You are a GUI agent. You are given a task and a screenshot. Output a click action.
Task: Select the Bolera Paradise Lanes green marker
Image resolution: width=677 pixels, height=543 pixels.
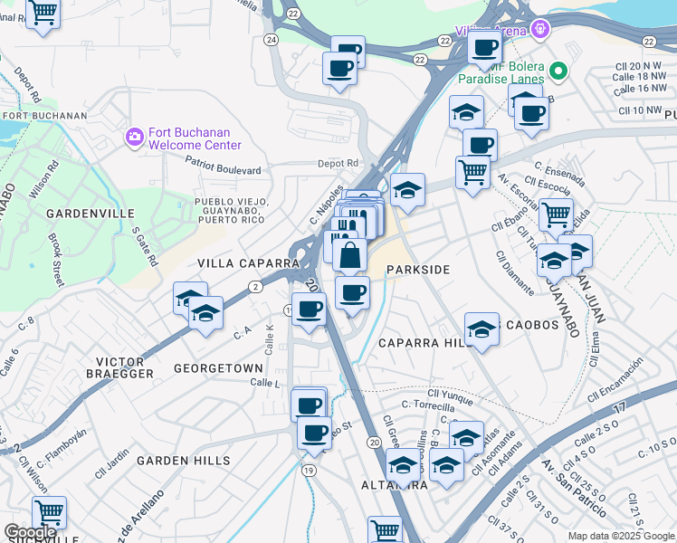coord(559,71)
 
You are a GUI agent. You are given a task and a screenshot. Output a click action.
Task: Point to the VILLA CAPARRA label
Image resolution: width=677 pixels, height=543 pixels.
coord(248,262)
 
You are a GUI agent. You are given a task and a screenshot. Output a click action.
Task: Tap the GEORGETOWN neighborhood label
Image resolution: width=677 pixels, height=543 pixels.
coord(218,368)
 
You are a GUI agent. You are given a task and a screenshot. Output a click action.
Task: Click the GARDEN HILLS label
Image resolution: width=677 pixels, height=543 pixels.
coord(184,461)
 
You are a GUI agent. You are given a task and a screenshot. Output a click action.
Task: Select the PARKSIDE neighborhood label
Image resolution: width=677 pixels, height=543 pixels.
coord(417,270)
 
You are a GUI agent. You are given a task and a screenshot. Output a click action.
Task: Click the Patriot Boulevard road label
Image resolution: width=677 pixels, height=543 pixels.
coord(223,170)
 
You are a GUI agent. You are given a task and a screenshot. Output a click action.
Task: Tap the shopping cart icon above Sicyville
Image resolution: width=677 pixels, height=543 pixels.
coord(49,513)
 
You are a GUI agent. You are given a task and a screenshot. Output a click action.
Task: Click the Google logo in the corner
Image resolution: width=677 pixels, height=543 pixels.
coord(31,532)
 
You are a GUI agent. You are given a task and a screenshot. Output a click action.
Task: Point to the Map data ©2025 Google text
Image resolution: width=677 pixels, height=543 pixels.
coord(621,536)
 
